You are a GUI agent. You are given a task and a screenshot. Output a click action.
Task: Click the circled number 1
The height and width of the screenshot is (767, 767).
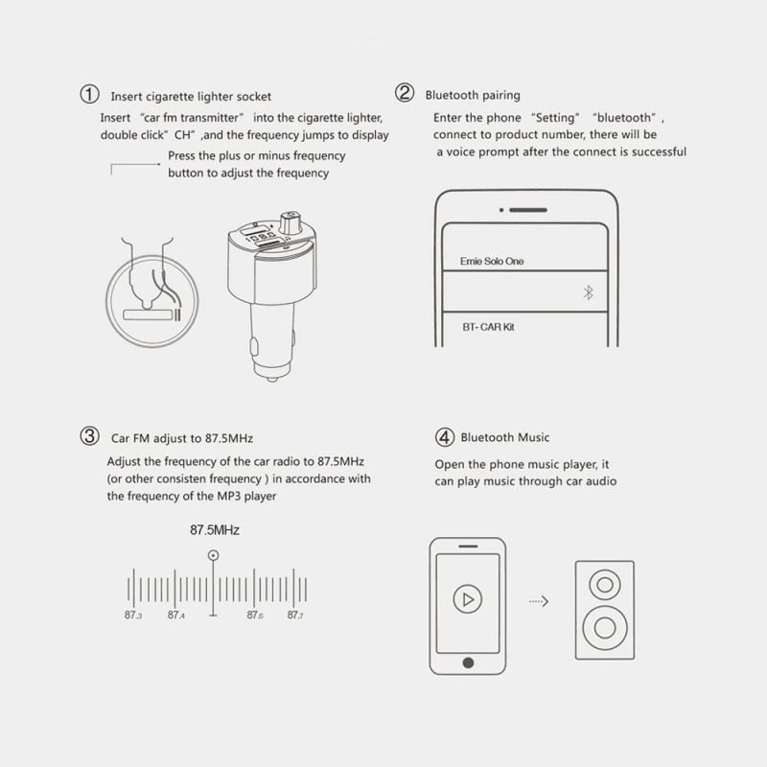(89, 94)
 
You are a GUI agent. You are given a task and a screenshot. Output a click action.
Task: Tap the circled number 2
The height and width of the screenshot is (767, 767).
(405, 92)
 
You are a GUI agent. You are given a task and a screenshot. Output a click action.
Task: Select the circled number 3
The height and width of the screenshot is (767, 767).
(89, 436)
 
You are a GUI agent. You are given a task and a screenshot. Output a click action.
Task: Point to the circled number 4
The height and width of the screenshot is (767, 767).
(445, 437)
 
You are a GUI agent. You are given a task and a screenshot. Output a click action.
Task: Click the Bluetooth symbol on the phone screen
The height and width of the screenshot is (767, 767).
(588, 292)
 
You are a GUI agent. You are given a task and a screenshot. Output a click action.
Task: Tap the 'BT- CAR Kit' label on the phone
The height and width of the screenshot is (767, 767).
(488, 327)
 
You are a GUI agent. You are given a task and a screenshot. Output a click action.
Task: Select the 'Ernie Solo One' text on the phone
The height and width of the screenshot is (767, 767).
(492, 261)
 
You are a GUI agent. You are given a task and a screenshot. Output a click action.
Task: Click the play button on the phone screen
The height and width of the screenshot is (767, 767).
(468, 598)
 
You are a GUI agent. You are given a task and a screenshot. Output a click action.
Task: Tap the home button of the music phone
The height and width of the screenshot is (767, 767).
(468, 662)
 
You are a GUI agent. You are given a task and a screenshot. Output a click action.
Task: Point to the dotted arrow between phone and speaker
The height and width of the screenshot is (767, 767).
(539, 601)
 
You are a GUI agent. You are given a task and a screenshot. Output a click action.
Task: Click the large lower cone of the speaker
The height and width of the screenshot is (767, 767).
(605, 628)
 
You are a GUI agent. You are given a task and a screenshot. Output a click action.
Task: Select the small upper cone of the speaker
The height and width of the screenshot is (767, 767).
(605, 585)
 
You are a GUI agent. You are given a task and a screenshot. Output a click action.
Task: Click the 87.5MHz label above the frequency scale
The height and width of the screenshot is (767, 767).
(215, 530)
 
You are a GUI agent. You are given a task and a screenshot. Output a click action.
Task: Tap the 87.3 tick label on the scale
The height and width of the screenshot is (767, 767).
(133, 615)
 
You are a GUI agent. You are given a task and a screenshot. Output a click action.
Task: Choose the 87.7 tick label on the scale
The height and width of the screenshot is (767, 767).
(295, 615)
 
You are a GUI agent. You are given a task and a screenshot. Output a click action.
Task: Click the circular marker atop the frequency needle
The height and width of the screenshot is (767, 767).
(213, 555)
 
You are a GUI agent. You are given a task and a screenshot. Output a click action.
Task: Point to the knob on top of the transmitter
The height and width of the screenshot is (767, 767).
(291, 222)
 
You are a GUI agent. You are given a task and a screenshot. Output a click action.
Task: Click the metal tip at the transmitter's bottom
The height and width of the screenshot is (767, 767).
(272, 378)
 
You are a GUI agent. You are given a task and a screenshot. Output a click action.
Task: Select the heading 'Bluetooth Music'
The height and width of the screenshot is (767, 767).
(505, 437)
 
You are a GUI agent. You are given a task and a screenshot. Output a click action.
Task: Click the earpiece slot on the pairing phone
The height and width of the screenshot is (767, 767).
(528, 210)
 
